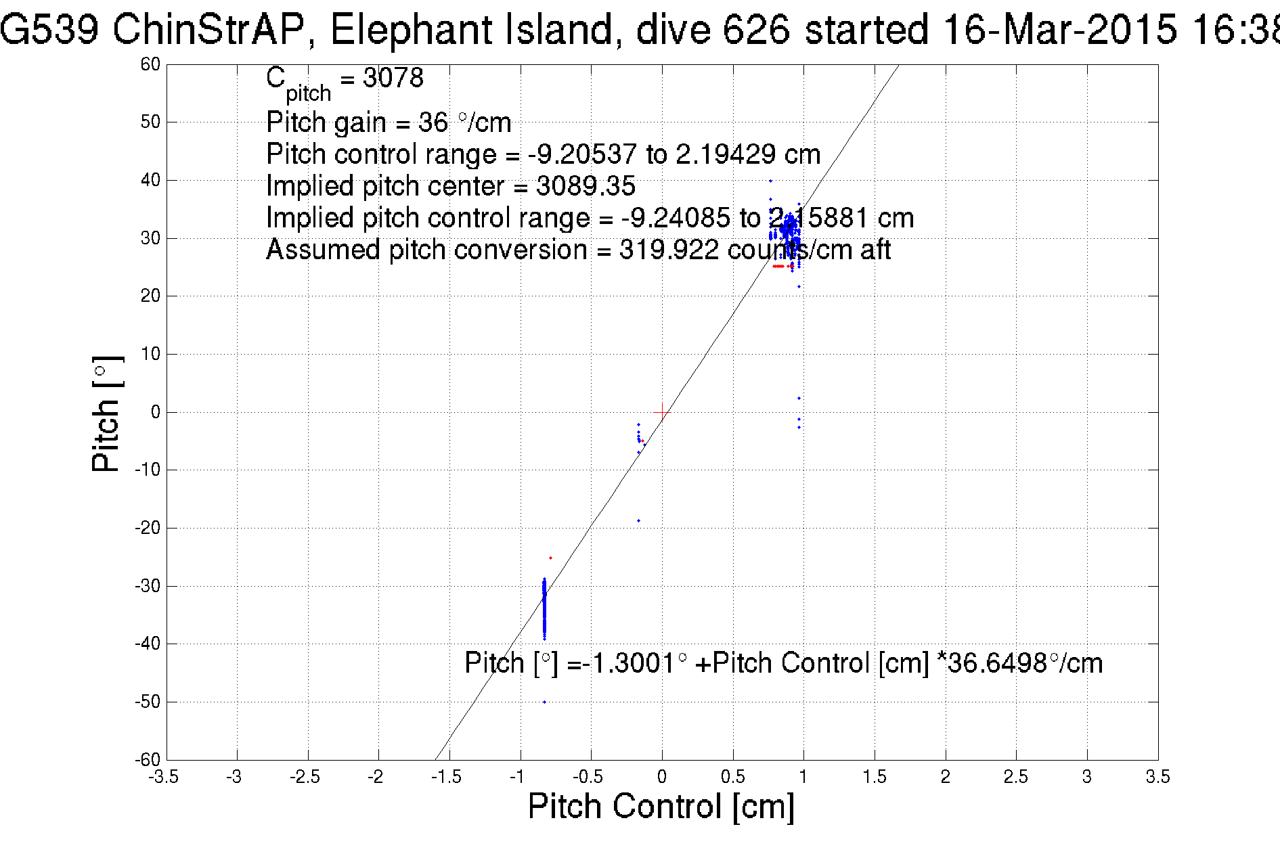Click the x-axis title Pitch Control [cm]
click(661, 807)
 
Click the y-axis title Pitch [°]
click(107, 414)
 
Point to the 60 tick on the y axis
click(150, 64)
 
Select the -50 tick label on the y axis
click(147, 702)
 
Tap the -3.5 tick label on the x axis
click(163, 777)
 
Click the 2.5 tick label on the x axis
click(1015, 777)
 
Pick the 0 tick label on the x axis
click(661, 777)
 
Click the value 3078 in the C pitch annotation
click(393, 78)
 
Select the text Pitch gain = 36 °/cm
click(389, 122)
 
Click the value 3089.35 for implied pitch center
click(586, 186)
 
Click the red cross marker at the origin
click(661, 411)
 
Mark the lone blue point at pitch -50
click(544, 702)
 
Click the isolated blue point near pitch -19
click(638, 521)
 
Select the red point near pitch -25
click(550, 558)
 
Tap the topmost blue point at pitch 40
click(770, 181)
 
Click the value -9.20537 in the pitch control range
click(582, 154)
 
